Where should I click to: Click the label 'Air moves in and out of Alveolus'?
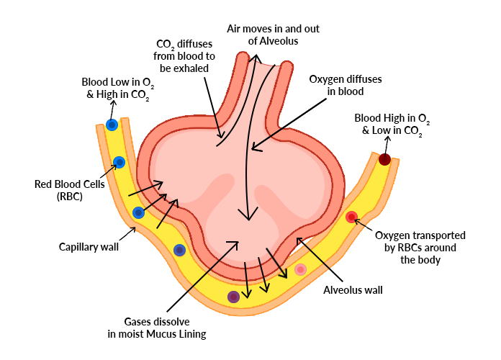[273, 35]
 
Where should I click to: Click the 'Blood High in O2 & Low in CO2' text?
[392, 124]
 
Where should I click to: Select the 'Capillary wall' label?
[89, 247]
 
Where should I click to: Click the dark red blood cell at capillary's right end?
[384, 160]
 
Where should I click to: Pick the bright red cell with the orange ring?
[351, 217]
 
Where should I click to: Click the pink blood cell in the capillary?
[300, 269]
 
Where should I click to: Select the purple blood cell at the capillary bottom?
[233, 297]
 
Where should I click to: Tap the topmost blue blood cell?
[112, 125]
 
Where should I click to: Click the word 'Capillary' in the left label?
[79, 247]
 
